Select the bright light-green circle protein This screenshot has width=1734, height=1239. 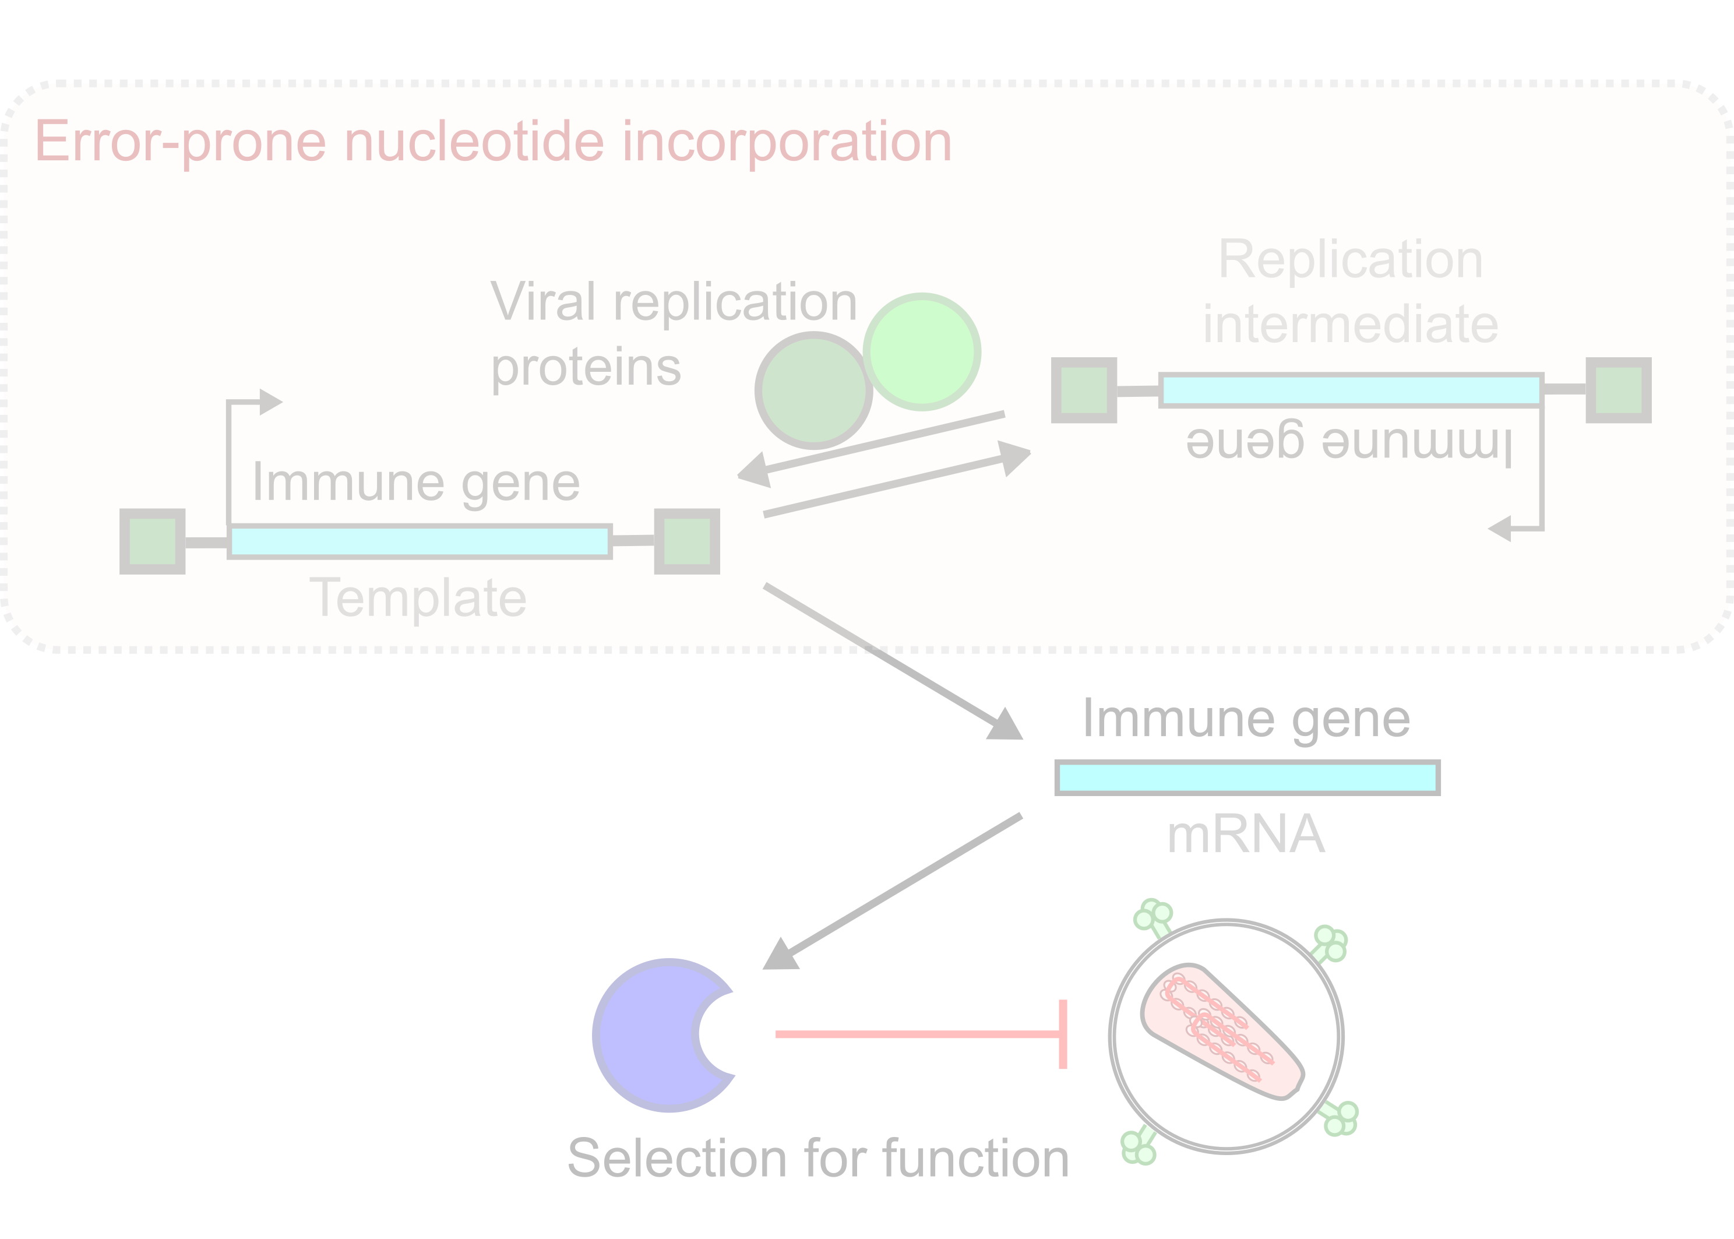click(x=922, y=353)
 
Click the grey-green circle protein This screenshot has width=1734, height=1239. click(x=813, y=390)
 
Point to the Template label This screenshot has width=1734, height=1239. click(x=418, y=597)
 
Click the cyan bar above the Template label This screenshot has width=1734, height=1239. click(x=420, y=541)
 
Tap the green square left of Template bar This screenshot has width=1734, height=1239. click(x=153, y=541)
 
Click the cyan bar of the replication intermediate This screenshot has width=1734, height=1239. click(x=1350, y=390)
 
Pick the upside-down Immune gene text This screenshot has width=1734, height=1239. click(x=1349, y=441)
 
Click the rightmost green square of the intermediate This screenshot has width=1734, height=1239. click(x=1618, y=390)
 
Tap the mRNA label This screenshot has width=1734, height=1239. click(x=1246, y=835)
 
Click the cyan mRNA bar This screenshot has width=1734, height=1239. click(x=1247, y=778)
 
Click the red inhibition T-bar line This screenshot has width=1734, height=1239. click(x=915, y=1034)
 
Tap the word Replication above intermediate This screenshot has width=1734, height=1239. click(x=1350, y=260)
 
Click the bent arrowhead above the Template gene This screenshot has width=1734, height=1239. click(x=269, y=402)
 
